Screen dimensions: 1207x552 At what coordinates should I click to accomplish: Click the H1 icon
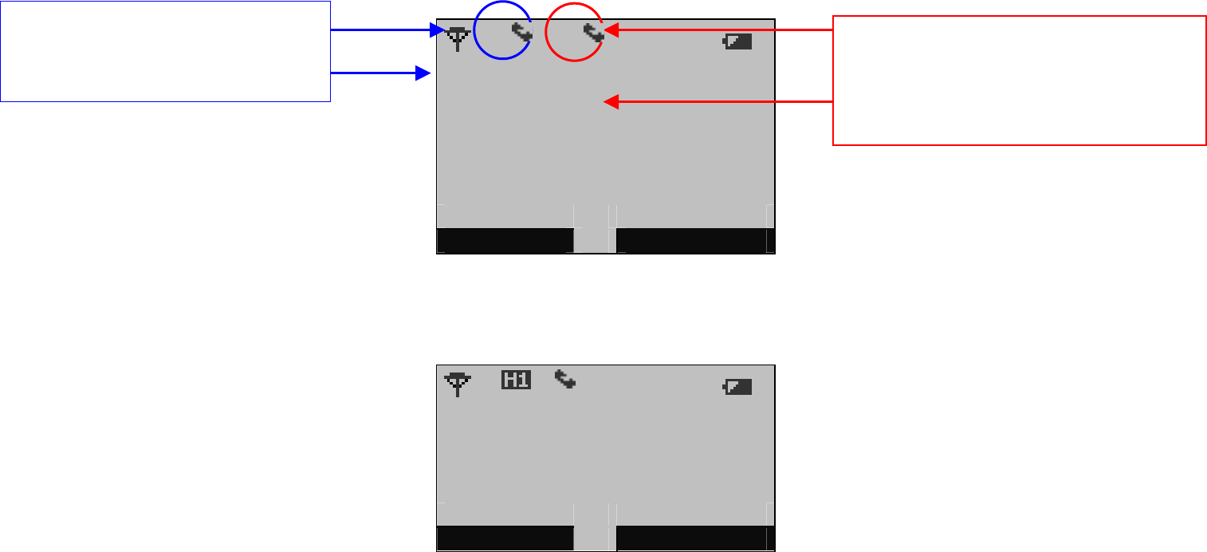point(515,380)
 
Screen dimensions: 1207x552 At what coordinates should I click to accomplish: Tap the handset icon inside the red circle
point(592,33)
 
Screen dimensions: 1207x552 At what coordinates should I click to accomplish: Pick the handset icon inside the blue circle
point(521,33)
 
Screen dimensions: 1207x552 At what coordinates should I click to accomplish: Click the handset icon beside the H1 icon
point(565,379)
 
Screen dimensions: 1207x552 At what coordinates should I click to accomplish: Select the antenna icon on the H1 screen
point(457,384)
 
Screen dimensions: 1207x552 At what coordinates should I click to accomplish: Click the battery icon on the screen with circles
point(737,41)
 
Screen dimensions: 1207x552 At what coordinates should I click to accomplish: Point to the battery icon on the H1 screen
point(737,387)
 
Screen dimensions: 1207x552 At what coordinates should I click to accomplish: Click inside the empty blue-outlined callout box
point(165,51)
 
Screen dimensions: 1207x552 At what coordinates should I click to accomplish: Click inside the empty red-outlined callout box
point(1018,80)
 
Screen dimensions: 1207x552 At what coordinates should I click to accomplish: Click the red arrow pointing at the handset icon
point(718,30)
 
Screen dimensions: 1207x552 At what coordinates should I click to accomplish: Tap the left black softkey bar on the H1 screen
point(505,538)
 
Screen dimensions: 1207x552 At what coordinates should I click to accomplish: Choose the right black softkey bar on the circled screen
point(691,241)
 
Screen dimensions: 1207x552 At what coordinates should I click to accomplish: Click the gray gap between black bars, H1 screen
point(595,538)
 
